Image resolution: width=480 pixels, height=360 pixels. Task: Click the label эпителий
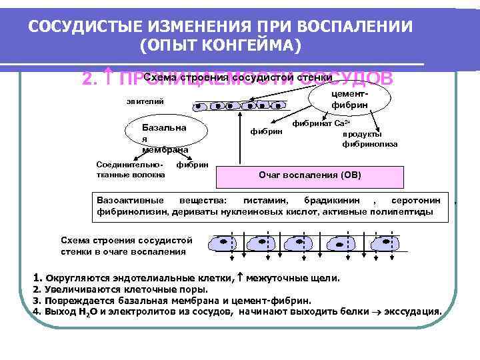coord(145,101)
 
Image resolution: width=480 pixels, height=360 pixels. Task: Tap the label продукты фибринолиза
coord(370,138)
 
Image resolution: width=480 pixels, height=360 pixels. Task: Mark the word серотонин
coord(415,200)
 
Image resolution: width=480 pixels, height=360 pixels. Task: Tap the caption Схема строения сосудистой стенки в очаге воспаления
coord(126,245)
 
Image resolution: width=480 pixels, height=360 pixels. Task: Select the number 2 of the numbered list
coord(36,289)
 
